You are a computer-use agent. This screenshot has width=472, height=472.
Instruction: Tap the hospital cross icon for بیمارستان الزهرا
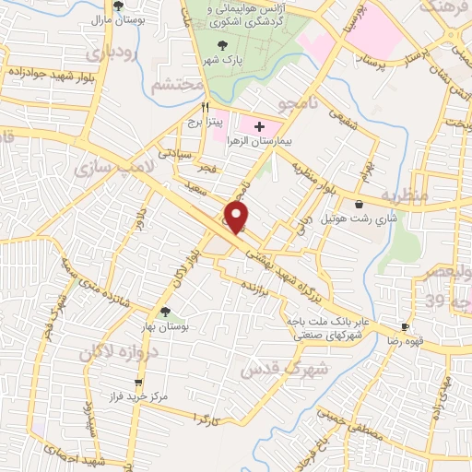coord(259,125)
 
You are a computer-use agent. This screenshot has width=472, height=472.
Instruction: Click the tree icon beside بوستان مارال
coord(119,6)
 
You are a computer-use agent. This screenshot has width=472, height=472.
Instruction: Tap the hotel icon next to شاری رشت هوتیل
coord(359,205)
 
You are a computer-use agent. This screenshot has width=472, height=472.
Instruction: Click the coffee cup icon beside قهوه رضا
coord(404,328)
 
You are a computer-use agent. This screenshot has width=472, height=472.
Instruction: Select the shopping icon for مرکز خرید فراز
coord(138,383)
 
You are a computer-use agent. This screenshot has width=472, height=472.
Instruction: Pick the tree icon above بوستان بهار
coord(165,312)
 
